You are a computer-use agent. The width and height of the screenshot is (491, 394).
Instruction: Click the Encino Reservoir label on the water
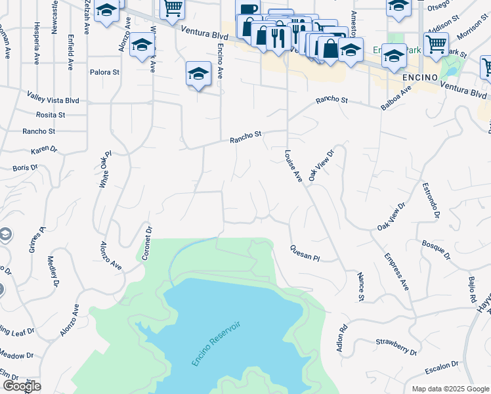click(216, 343)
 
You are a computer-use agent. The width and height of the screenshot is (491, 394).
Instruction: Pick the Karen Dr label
click(44, 150)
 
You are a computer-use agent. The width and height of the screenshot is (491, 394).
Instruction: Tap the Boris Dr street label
click(26, 169)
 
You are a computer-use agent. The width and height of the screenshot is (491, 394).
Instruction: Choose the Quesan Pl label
click(305, 253)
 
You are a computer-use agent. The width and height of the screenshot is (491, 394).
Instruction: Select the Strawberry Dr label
click(393, 342)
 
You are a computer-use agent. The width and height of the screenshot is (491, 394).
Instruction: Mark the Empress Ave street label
click(397, 271)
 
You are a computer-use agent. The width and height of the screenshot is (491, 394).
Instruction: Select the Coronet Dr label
click(148, 244)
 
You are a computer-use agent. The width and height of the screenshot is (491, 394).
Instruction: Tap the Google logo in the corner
click(22, 386)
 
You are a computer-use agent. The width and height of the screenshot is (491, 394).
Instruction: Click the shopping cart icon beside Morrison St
click(436, 45)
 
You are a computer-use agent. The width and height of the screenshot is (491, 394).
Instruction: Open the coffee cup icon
click(248, 9)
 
